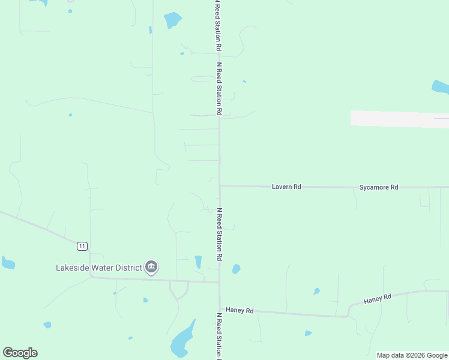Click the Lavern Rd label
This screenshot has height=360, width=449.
click(x=286, y=187)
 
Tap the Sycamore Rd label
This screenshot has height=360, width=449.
click(x=379, y=187)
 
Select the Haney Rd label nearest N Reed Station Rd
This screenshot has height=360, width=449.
click(x=240, y=311)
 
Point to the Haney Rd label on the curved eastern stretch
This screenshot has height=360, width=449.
click(x=378, y=298)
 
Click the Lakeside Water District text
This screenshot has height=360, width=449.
click(x=99, y=268)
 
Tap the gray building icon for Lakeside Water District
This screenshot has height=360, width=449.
click(x=151, y=267)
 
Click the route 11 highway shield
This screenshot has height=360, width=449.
click(x=82, y=245)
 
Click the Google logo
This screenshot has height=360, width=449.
click(x=20, y=353)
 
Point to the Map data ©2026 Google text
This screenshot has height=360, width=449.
click(x=412, y=356)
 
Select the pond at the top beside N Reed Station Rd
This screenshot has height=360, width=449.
click(x=173, y=20)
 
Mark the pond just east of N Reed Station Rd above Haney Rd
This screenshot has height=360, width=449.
click(x=237, y=269)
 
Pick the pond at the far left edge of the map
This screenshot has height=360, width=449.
click(x=8, y=263)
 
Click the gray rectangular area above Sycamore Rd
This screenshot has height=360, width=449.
click(x=399, y=119)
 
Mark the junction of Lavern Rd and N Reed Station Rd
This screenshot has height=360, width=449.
click(x=220, y=186)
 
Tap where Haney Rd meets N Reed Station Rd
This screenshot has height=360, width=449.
click(x=220, y=310)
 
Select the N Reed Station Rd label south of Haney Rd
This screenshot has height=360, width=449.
click(x=220, y=335)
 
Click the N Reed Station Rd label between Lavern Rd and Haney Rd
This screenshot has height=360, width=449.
click(x=220, y=234)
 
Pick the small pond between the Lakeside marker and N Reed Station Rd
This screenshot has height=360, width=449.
click(x=199, y=262)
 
